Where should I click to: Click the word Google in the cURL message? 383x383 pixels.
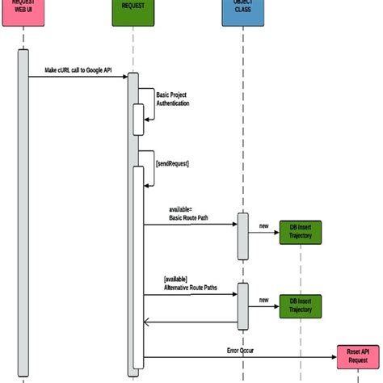[95, 69]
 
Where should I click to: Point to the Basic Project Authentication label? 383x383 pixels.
[173, 99]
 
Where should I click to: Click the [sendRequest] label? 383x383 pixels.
[172, 163]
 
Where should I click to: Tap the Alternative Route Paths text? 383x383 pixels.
[191, 287]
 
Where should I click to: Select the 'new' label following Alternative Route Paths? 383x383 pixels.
[263, 300]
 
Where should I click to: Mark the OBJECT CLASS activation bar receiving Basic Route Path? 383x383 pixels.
[242, 236]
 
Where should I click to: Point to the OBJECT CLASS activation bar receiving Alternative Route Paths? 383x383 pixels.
[242, 305]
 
